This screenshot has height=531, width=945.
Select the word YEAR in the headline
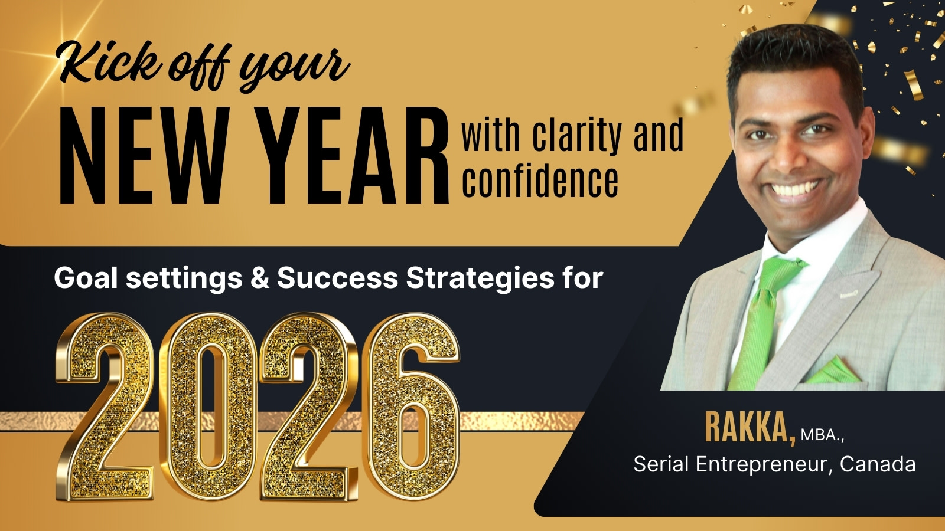(x=352, y=156)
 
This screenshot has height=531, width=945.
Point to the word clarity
(x=576, y=136)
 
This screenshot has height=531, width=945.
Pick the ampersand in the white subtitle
(x=259, y=278)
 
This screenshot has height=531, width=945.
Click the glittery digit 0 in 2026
(x=208, y=406)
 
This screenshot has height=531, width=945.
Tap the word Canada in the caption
(x=878, y=464)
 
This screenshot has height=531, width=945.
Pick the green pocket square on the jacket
(x=833, y=371)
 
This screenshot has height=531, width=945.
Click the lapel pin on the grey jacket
(x=849, y=294)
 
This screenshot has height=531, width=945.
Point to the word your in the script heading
(x=294, y=68)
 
